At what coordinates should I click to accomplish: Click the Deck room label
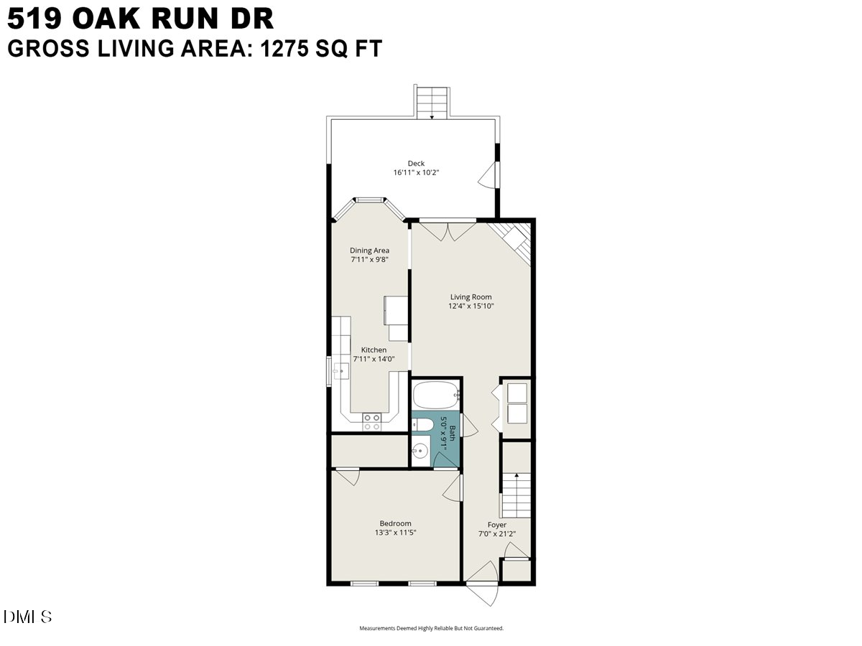click(416, 164)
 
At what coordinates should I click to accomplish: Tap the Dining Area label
click(369, 251)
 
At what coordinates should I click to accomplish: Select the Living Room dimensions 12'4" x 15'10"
click(471, 306)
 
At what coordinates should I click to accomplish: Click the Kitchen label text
click(374, 350)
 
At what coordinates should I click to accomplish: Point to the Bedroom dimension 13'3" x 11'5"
click(396, 533)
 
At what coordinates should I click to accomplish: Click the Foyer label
click(497, 525)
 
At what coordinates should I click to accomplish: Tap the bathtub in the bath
click(436, 394)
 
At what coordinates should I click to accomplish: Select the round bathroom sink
click(420, 451)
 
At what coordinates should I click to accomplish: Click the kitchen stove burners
click(372, 421)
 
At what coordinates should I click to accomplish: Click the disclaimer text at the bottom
click(431, 628)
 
